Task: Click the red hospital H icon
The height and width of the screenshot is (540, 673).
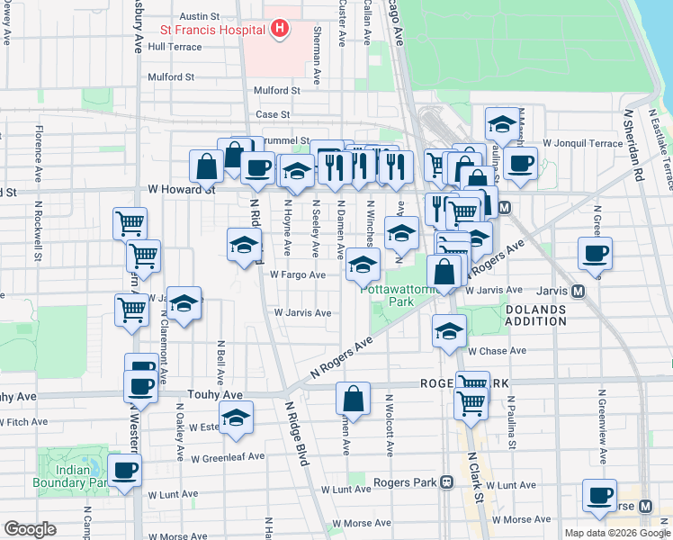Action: click(280, 29)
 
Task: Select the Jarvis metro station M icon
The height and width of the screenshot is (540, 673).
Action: click(578, 291)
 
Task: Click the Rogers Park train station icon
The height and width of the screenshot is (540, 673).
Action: click(446, 481)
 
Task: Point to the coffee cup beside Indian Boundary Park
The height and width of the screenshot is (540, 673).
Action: click(124, 469)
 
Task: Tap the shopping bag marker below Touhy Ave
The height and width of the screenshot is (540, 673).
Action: click(354, 398)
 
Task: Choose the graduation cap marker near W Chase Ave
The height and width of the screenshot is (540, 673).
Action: click(449, 330)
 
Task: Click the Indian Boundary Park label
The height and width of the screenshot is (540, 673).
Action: click(72, 476)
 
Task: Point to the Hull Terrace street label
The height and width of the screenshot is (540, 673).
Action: click(175, 47)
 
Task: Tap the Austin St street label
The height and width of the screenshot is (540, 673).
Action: click(200, 16)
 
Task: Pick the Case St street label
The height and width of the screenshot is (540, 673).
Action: click(273, 114)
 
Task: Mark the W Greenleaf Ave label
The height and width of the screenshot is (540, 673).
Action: click(227, 456)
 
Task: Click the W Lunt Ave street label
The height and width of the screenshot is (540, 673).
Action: click(173, 494)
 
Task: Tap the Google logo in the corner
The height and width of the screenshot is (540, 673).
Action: click(30, 529)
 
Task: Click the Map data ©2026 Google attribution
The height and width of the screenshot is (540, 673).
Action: click(617, 533)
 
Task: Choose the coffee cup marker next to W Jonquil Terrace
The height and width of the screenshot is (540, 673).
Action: click(520, 164)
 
